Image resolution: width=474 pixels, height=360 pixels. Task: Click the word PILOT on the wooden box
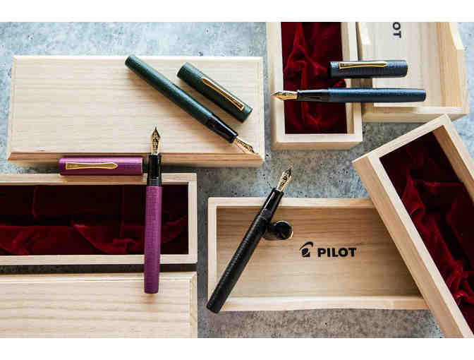pos(336,252)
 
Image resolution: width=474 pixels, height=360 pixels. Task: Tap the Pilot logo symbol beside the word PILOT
pos(306,250)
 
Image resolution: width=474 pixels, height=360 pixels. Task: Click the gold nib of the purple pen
pos(155,140)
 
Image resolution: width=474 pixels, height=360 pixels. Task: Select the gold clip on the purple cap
pos(91,165)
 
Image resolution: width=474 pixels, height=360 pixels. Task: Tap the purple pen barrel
pos(152,239)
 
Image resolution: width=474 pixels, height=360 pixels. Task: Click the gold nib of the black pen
pos(284,180)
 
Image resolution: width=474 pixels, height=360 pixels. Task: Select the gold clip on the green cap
pos(223,93)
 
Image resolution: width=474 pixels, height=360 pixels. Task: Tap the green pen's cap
pos(214,92)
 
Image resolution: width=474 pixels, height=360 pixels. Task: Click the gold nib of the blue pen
pos(284,95)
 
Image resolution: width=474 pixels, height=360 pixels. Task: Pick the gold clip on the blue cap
pos(363,65)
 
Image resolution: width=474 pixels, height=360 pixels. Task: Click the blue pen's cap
pos(368,69)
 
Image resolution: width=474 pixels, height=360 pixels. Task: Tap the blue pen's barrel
pos(377,95)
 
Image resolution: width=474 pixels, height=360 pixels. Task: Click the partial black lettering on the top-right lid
pos(397,30)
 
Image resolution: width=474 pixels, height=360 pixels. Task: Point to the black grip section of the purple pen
pos(154,169)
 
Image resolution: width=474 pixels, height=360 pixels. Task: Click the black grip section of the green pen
pos(221,129)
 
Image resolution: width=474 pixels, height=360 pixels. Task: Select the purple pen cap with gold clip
pos(101,166)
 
